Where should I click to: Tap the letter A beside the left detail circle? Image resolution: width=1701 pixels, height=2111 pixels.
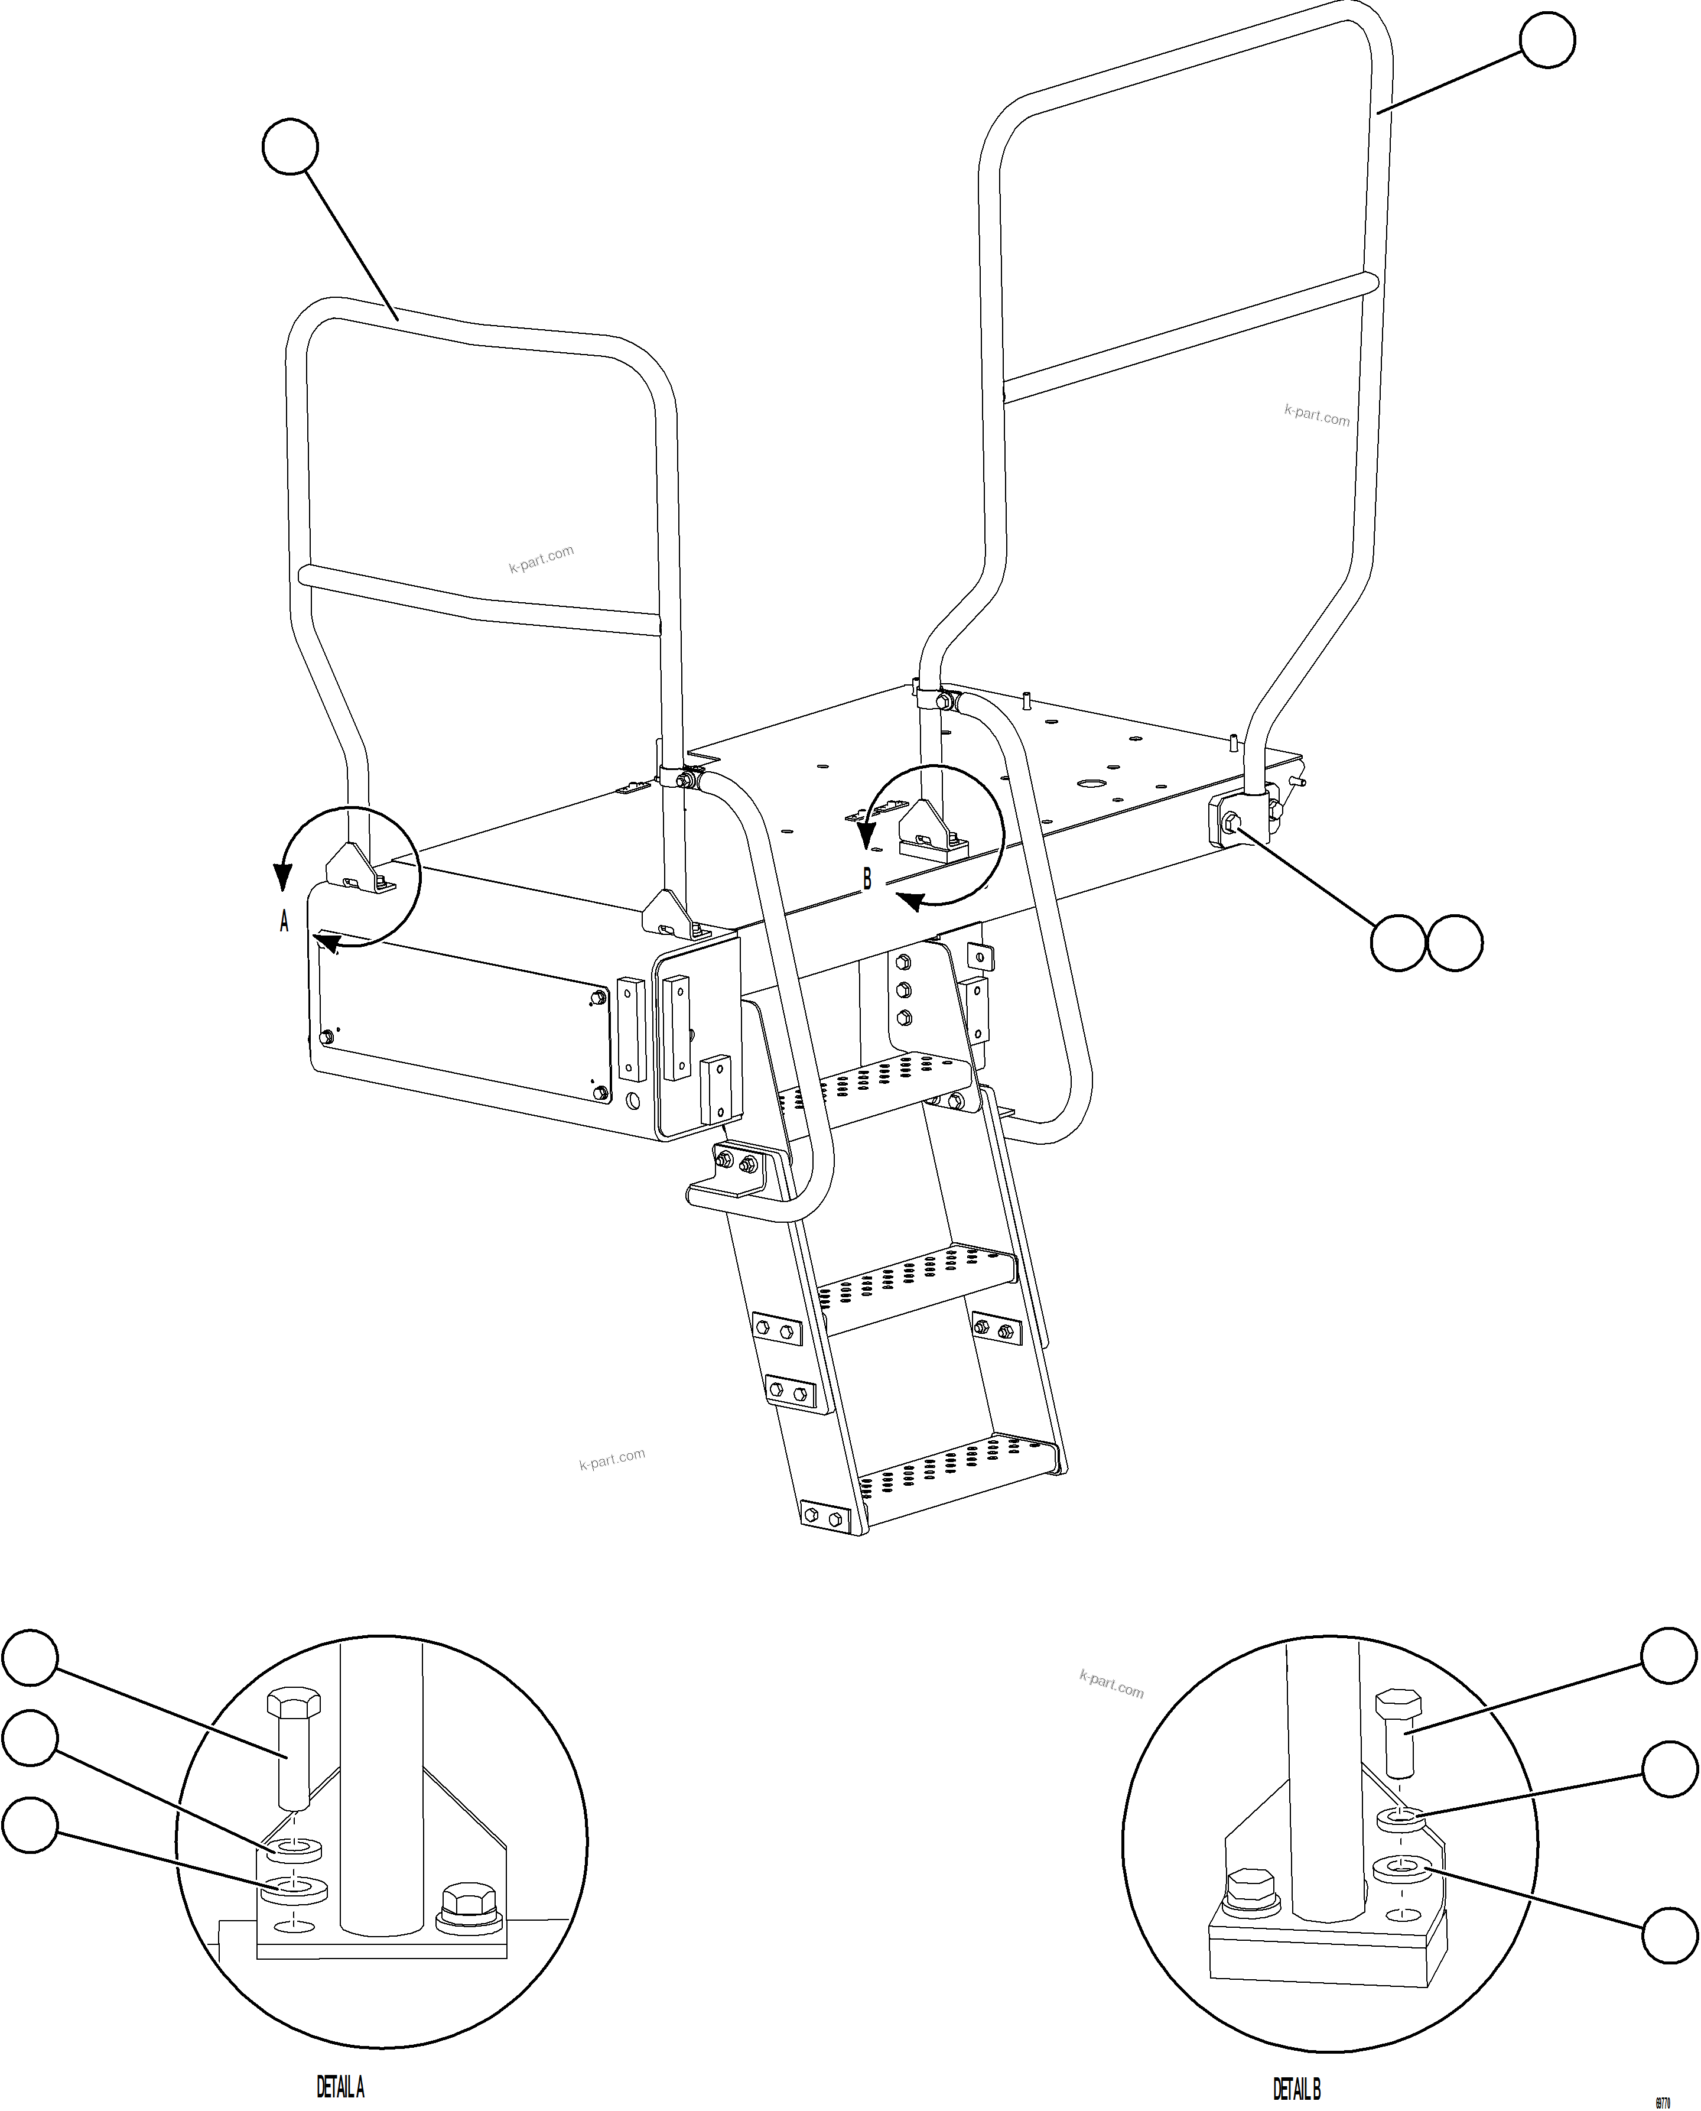[284, 921]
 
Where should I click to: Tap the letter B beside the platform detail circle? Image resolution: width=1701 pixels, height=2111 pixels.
[866, 880]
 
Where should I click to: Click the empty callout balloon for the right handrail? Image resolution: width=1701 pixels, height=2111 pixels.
[1547, 40]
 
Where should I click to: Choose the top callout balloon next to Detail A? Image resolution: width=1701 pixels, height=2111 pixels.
[30, 1657]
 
